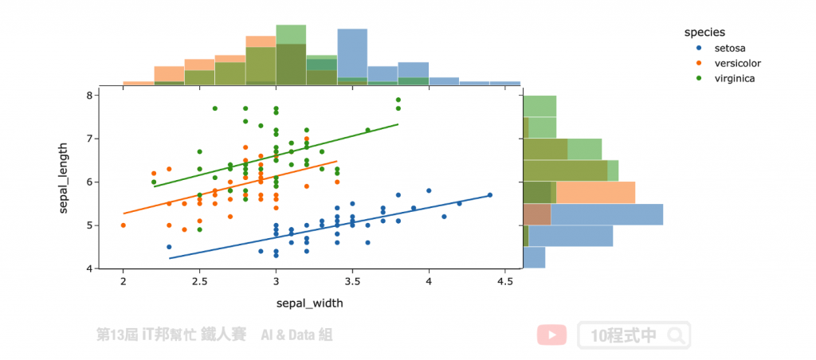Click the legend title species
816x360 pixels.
(x=704, y=33)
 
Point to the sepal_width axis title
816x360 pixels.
(x=310, y=303)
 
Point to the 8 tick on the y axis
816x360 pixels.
(x=90, y=95)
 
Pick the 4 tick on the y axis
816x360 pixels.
(x=90, y=268)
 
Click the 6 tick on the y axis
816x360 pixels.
(x=90, y=182)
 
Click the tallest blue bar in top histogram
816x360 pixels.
(x=352, y=56)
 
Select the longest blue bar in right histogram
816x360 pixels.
(x=606, y=214)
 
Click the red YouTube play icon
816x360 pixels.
(x=551, y=335)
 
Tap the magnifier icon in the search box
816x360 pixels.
(x=676, y=335)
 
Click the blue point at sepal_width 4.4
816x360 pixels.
(x=490, y=194)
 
